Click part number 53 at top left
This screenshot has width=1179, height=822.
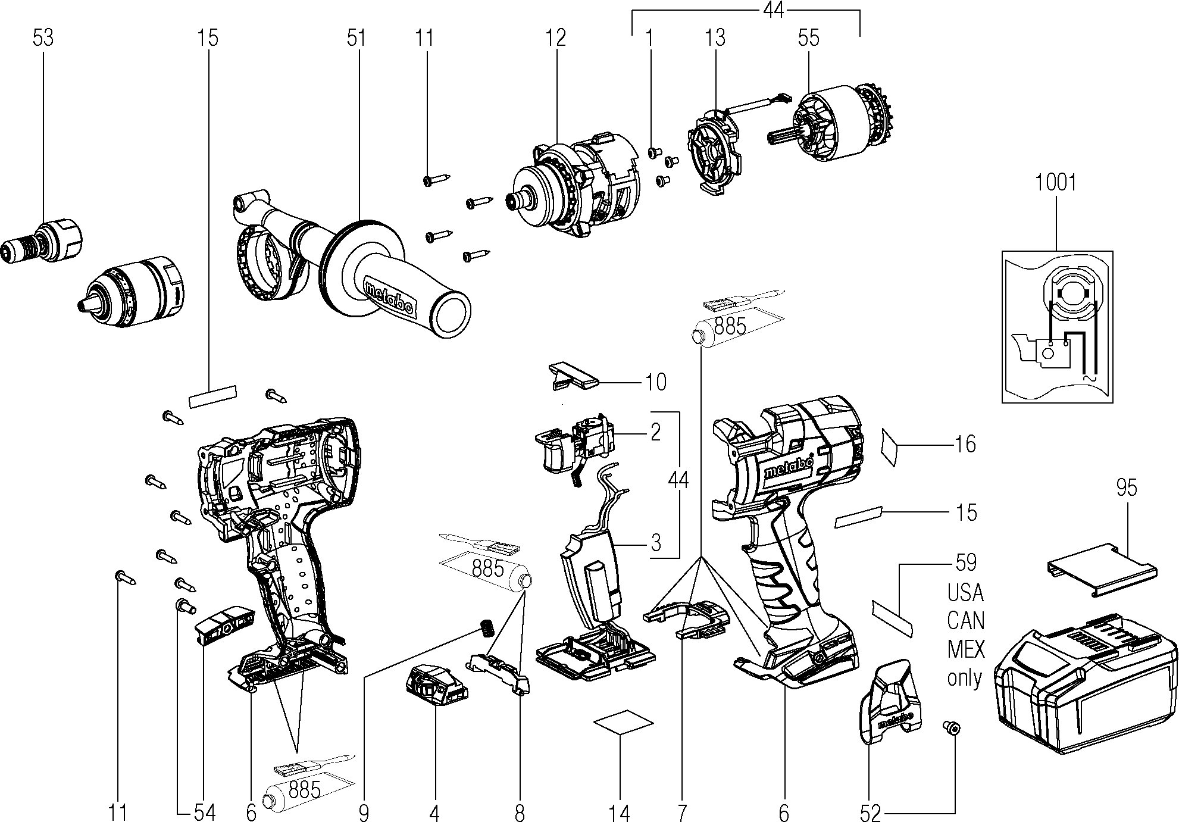pos(43,37)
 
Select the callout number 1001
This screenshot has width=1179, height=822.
pos(1056,182)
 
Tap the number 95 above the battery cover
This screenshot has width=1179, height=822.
pos(1127,487)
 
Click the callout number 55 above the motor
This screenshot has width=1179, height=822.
pos(808,37)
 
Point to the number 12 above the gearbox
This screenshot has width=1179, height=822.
pos(556,37)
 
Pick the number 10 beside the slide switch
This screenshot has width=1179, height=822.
pos(656,382)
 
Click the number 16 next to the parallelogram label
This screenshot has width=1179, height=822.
pos(965,444)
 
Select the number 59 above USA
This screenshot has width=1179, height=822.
pos(965,562)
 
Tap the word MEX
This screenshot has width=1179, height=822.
pos(965,649)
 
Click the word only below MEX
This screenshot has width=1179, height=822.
pos(964,678)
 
